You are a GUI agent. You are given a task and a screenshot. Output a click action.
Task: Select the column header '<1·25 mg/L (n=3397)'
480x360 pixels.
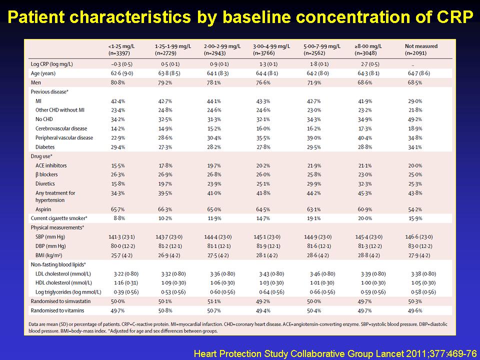pos(121,49)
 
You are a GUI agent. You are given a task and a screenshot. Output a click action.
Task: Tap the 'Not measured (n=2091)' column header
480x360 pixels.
pos(421,49)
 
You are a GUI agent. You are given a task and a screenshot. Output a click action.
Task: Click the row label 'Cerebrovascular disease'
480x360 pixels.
pos(61,128)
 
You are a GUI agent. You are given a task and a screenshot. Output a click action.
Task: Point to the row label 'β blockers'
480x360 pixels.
pos(46,174)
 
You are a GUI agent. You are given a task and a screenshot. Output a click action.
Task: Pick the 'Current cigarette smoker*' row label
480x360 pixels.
pos(59,218)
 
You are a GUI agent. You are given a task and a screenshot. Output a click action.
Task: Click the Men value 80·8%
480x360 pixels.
pos(118,82)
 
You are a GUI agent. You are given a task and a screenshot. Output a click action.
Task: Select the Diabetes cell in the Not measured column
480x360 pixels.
pos(415,147)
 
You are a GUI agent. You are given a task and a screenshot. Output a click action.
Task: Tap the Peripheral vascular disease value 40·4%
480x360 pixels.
pos(365,138)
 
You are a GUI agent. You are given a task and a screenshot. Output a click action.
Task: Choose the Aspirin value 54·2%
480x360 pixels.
pos(415,209)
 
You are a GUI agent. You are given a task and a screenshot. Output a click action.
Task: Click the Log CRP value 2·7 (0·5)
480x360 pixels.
pos(368,64)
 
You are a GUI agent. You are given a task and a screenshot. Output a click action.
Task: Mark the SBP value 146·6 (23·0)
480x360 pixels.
pos(419,237)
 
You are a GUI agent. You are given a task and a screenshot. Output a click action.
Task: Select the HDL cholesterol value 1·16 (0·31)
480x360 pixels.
pos(126,283)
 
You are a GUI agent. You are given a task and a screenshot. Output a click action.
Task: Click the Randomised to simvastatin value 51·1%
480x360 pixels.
pos(214,301)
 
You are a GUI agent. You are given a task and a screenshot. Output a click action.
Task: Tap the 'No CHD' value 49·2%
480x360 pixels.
pos(415,119)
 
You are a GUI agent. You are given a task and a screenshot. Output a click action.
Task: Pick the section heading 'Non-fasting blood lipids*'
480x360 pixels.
pos(58,264)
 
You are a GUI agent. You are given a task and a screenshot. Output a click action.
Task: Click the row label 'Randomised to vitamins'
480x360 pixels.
pos(57,310)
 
